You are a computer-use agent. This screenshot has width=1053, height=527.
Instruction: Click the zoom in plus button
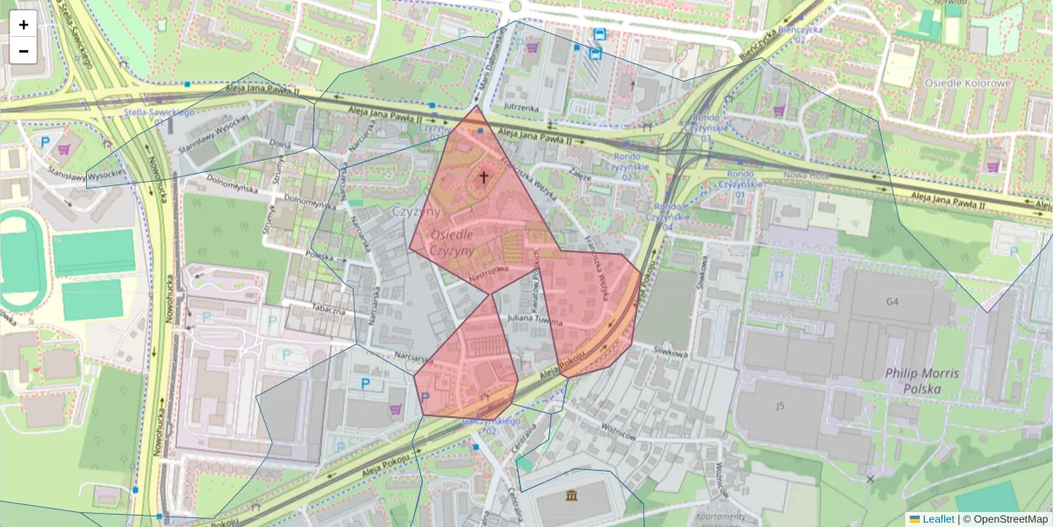(x=24, y=25)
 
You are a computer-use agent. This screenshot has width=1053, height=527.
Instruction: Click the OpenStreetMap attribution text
(x=1010, y=519)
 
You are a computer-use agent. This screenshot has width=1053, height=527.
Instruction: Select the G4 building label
(x=892, y=302)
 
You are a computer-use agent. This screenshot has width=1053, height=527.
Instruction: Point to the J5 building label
(x=779, y=406)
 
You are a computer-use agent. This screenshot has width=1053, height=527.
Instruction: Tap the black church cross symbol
(x=482, y=177)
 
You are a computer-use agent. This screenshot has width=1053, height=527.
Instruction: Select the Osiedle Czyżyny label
(x=452, y=242)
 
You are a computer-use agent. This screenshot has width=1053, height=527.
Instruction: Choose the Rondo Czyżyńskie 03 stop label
(x=706, y=128)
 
